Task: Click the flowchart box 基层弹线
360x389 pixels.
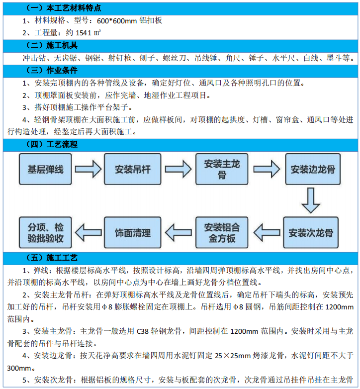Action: pyautogui.click(x=45, y=169)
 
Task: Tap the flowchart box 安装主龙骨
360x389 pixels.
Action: pyautogui.click(x=222, y=169)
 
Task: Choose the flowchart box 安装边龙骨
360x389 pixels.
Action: pyautogui.click(x=313, y=169)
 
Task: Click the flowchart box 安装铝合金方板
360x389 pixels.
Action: pyautogui.click(x=222, y=232)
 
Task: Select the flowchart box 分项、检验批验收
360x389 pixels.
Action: pyautogui.click(x=45, y=232)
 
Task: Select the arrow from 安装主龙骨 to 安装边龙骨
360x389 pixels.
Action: pyautogui.click(x=268, y=169)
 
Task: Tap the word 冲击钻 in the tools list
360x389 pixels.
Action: pyautogui.click(x=31, y=58)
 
